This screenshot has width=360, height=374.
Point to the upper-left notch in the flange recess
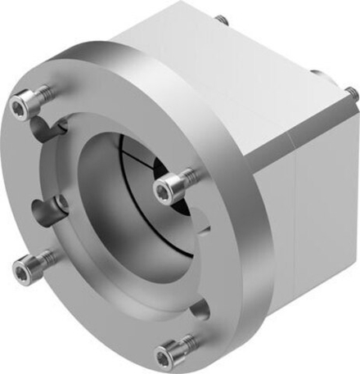pos(56,126)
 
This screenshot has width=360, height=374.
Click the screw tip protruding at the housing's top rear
pos(221,17)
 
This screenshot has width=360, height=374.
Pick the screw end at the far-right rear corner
pos(353,95)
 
